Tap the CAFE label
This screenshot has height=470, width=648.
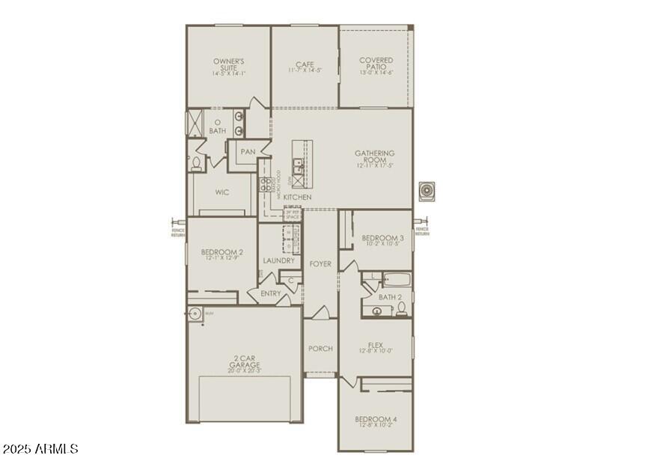305,64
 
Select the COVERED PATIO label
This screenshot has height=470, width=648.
376,64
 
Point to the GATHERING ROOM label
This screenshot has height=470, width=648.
375,156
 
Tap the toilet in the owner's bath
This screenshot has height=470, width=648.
197,163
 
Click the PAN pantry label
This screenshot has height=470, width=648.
248,152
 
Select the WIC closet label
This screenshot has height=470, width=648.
222,192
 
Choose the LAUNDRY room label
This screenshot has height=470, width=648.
278,260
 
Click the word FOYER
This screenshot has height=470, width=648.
320,264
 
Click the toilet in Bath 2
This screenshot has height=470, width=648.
402,308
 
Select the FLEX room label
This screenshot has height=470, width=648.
375,346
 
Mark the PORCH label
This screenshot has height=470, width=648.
320,349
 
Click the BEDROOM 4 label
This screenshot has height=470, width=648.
376,418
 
